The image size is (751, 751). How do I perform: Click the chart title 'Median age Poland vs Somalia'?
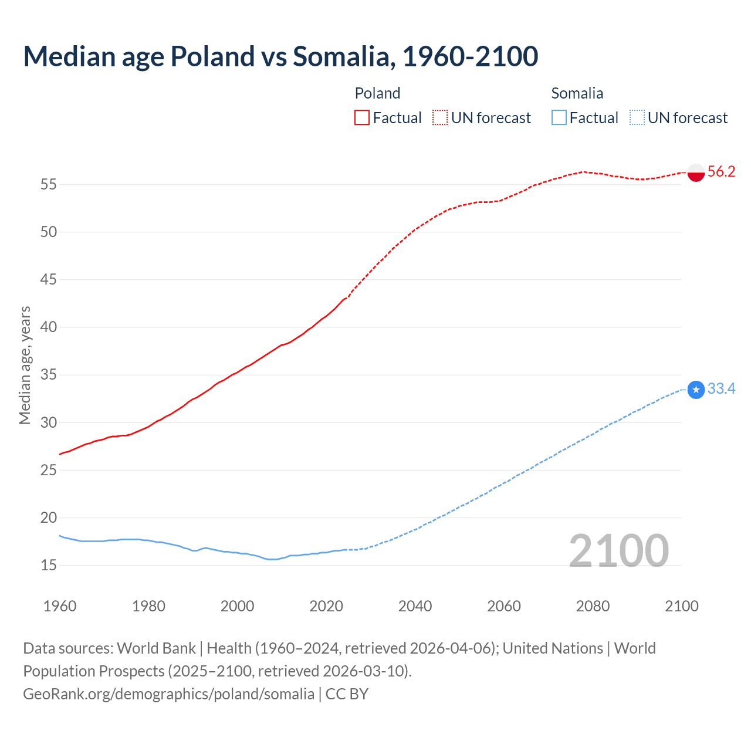tap(280, 56)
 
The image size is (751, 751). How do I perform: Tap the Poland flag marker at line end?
tap(695, 172)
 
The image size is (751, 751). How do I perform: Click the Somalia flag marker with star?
tap(695, 390)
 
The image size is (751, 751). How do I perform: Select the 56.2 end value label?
tap(721, 172)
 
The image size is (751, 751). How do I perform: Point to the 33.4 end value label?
tap(721, 389)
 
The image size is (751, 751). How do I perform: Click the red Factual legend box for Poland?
tap(362, 118)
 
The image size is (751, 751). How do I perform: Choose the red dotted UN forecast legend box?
tap(440, 118)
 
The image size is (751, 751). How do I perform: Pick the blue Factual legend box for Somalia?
tap(559, 118)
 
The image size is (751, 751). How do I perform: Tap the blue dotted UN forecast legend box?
tap(637, 118)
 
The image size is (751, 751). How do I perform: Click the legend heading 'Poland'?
tap(377, 93)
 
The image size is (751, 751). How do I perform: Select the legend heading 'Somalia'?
tap(577, 93)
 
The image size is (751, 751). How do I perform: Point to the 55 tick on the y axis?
tap(49, 185)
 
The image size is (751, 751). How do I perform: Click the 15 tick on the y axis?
tap(49, 566)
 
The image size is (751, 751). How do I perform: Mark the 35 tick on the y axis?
tap(49, 375)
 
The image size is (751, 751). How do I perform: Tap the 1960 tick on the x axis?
tap(60, 606)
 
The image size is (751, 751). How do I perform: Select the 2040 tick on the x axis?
tap(415, 606)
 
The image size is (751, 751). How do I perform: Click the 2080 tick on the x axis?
tap(593, 606)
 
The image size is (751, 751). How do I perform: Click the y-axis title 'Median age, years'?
tap(25, 365)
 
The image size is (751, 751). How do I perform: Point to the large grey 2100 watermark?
tap(618, 550)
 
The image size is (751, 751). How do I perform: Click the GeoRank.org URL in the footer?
tap(168, 694)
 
